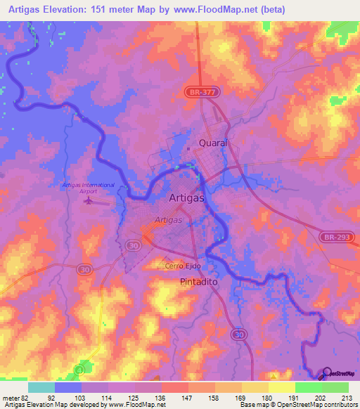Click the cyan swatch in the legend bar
41,387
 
